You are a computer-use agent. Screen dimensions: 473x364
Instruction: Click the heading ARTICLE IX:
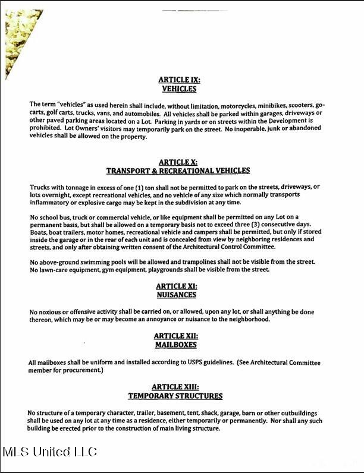(x=179, y=79)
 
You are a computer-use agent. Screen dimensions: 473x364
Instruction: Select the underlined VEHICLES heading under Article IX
(x=179, y=89)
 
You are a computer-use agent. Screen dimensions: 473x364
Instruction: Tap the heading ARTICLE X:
(x=178, y=162)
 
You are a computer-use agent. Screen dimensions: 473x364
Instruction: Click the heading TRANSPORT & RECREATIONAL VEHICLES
(x=178, y=171)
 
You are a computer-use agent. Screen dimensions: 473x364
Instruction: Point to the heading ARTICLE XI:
(x=176, y=286)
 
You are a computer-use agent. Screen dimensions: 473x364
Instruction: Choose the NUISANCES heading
(x=176, y=295)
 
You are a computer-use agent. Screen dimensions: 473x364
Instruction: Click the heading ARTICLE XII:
(x=175, y=336)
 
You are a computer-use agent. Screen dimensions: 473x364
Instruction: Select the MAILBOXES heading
(x=175, y=345)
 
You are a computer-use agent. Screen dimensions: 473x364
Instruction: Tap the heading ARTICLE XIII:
(x=175, y=386)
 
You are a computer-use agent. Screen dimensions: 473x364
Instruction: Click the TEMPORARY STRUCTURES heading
(x=175, y=396)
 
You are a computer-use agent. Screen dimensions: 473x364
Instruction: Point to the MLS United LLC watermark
(x=50, y=452)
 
